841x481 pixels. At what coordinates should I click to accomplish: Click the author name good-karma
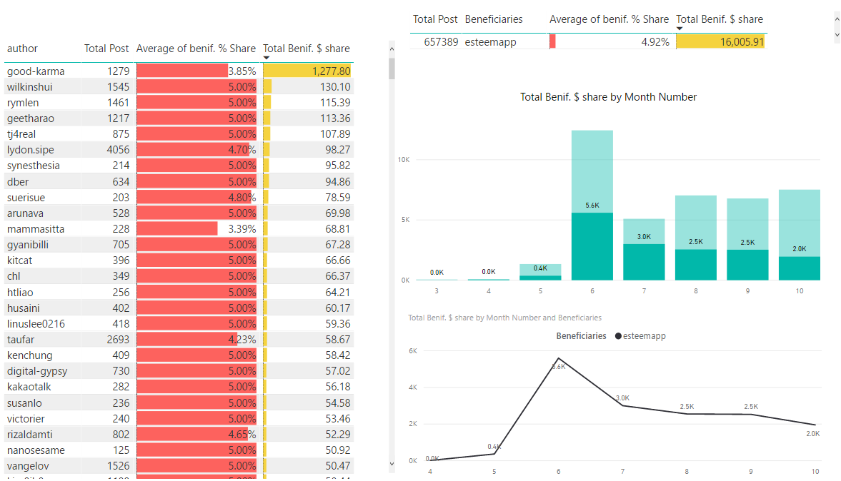[x=36, y=71]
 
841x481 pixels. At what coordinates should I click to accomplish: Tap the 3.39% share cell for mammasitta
[x=242, y=229]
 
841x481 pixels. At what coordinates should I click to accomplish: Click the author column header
[x=22, y=49]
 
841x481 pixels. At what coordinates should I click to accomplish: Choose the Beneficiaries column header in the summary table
[x=494, y=19]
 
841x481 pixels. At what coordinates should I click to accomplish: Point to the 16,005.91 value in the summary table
[x=742, y=42]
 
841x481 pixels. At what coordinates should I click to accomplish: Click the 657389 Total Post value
[x=435, y=42]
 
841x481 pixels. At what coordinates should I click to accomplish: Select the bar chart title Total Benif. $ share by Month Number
[x=608, y=97]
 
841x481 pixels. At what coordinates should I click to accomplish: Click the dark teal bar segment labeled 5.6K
[x=592, y=246]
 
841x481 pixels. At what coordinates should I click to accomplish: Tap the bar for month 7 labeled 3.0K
[x=644, y=261]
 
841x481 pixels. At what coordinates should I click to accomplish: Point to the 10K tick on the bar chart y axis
[x=404, y=160]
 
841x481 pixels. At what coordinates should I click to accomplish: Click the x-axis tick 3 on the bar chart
[x=437, y=291]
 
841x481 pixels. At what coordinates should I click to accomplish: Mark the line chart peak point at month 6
[x=558, y=358]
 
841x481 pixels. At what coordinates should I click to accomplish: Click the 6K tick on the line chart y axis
[x=412, y=351]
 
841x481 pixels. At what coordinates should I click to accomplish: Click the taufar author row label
[x=21, y=340]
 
